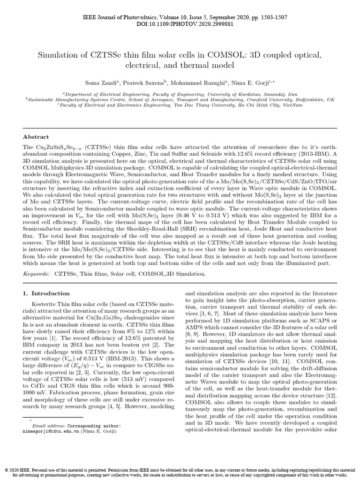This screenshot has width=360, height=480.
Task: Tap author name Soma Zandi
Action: pyautogui.click(x=96, y=82)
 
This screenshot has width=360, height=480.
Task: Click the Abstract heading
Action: pyautogui.click(x=36, y=137)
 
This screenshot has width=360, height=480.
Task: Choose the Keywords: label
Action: pyautogui.click(x=37, y=272)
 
